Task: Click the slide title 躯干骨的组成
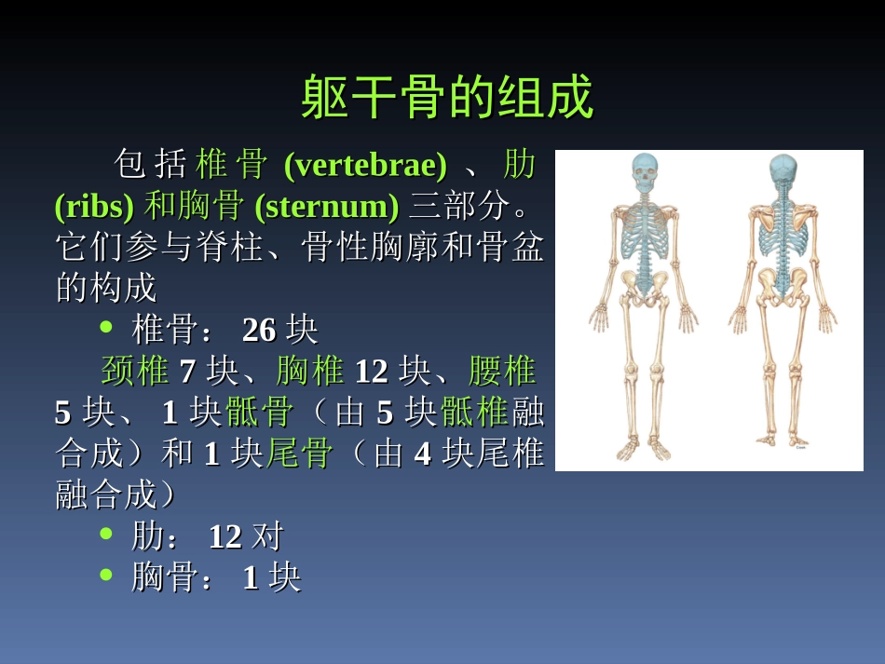point(447,98)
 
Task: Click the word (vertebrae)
point(364,166)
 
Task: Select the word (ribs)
point(94,207)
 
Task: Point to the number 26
point(259,330)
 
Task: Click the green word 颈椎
point(135,372)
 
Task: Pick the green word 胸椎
point(310,372)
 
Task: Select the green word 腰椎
point(502,372)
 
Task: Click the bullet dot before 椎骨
point(106,327)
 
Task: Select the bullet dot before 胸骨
point(106,576)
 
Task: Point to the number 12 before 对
point(225,537)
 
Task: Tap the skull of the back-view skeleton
point(783,172)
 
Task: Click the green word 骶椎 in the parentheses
point(474,412)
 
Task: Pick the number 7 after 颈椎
point(187,372)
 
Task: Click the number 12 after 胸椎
point(371,372)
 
